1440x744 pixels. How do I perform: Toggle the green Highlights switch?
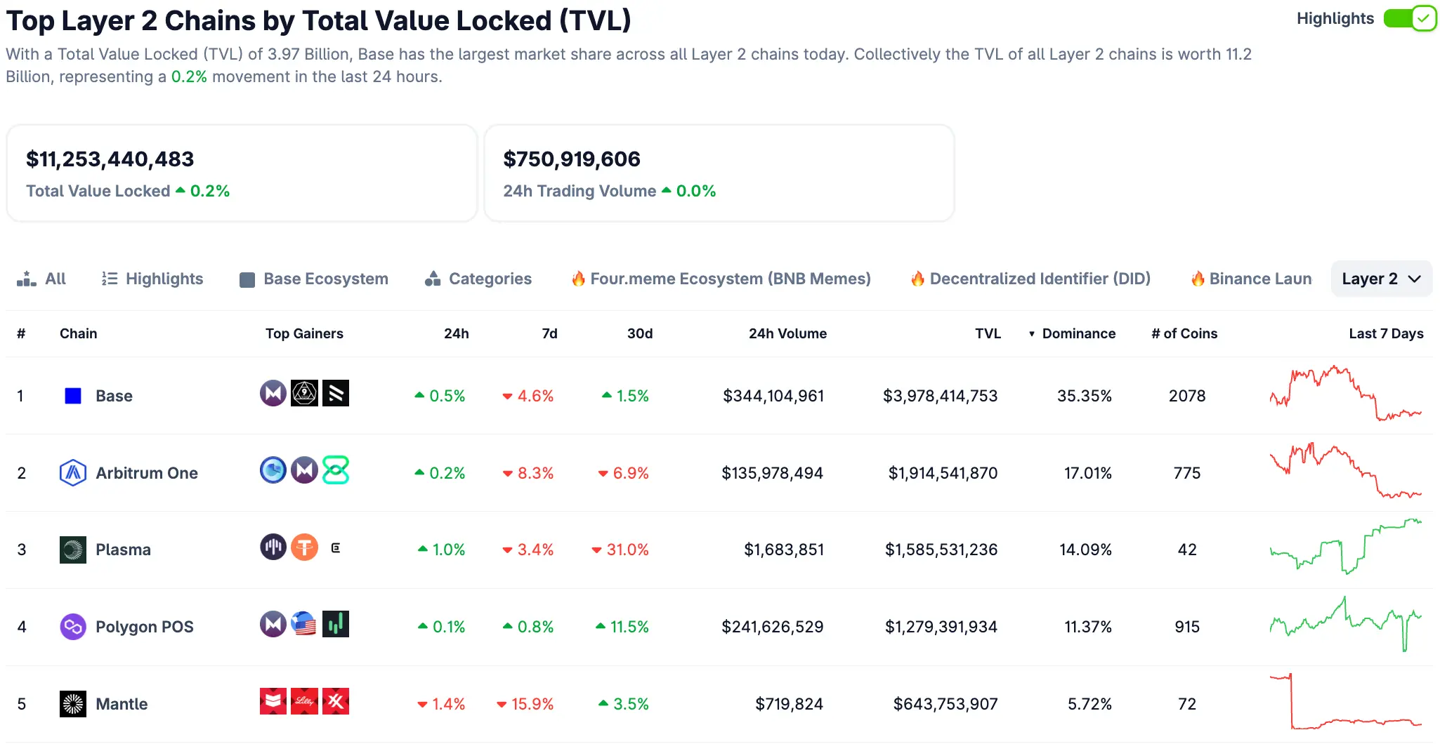tap(1410, 18)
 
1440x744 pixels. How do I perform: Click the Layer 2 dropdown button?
tap(1381, 279)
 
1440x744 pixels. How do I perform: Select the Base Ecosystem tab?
tap(314, 279)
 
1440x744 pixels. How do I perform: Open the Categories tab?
tap(478, 279)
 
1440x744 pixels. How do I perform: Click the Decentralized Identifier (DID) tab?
tap(1030, 279)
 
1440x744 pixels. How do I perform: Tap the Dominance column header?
tap(1078, 333)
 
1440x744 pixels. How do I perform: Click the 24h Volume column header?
tap(787, 333)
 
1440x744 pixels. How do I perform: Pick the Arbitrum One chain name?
tap(147, 473)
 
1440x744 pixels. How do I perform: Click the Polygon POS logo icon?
tap(73, 627)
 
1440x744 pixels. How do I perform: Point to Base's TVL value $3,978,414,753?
tap(940, 396)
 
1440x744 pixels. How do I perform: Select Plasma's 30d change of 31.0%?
tap(621, 550)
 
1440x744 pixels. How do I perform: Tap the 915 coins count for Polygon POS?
tap(1187, 627)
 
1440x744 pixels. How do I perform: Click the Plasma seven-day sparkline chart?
tap(1345, 547)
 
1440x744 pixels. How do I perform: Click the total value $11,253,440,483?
tap(110, 159)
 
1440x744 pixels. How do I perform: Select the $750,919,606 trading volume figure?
tap(572, 159)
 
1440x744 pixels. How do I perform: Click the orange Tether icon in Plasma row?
tap(304, 547)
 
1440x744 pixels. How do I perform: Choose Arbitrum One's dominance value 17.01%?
tap(1087, 473)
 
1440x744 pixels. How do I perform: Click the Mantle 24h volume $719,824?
tap(789, 704)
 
